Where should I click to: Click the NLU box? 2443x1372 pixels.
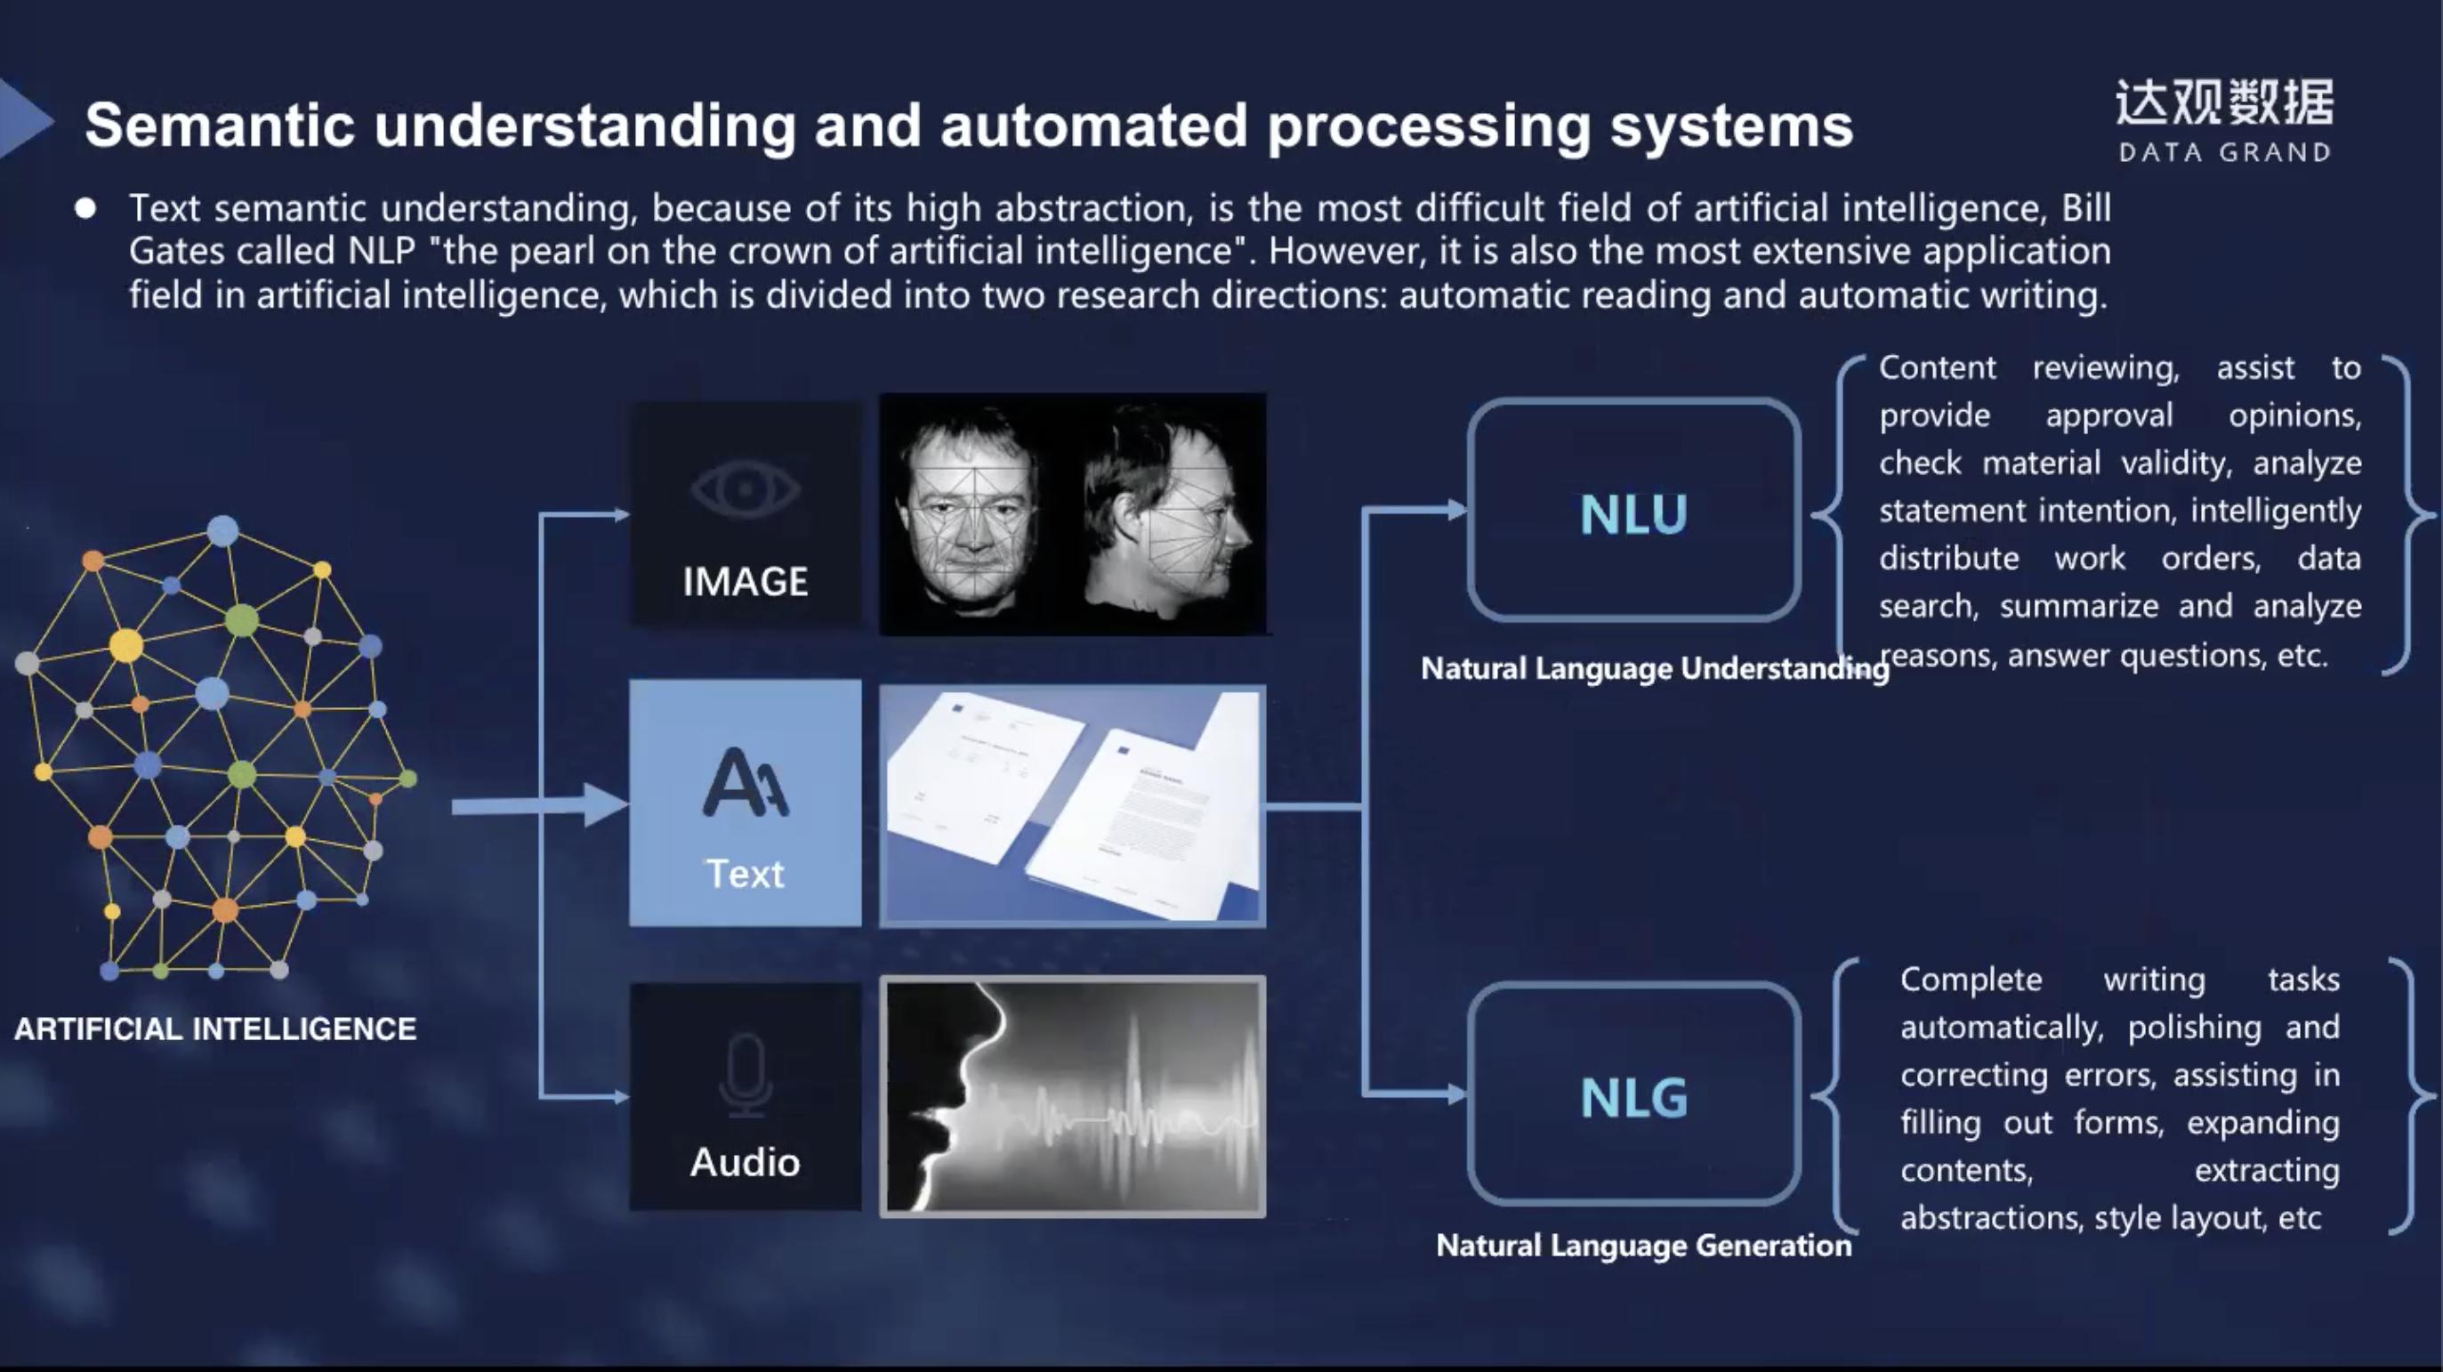point(1633,512)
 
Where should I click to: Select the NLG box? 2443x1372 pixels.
point(1633,1096)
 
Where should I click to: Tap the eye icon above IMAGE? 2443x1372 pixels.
point(746,489)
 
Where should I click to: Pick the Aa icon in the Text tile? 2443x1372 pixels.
point(746,783)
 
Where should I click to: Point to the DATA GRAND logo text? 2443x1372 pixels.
point(2224,152)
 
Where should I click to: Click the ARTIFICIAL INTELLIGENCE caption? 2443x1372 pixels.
point(215,1029)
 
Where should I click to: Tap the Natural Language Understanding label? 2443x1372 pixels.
point(1654,668)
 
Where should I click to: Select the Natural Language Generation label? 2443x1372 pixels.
point(1643,1245)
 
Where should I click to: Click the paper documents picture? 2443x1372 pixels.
point(1072,806)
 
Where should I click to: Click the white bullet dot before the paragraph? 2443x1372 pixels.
point(85,208)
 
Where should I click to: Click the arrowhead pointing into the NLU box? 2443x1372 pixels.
point(1455,511)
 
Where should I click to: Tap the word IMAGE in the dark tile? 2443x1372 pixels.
point(746,581)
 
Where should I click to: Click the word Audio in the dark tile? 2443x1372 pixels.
point(746,1162)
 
